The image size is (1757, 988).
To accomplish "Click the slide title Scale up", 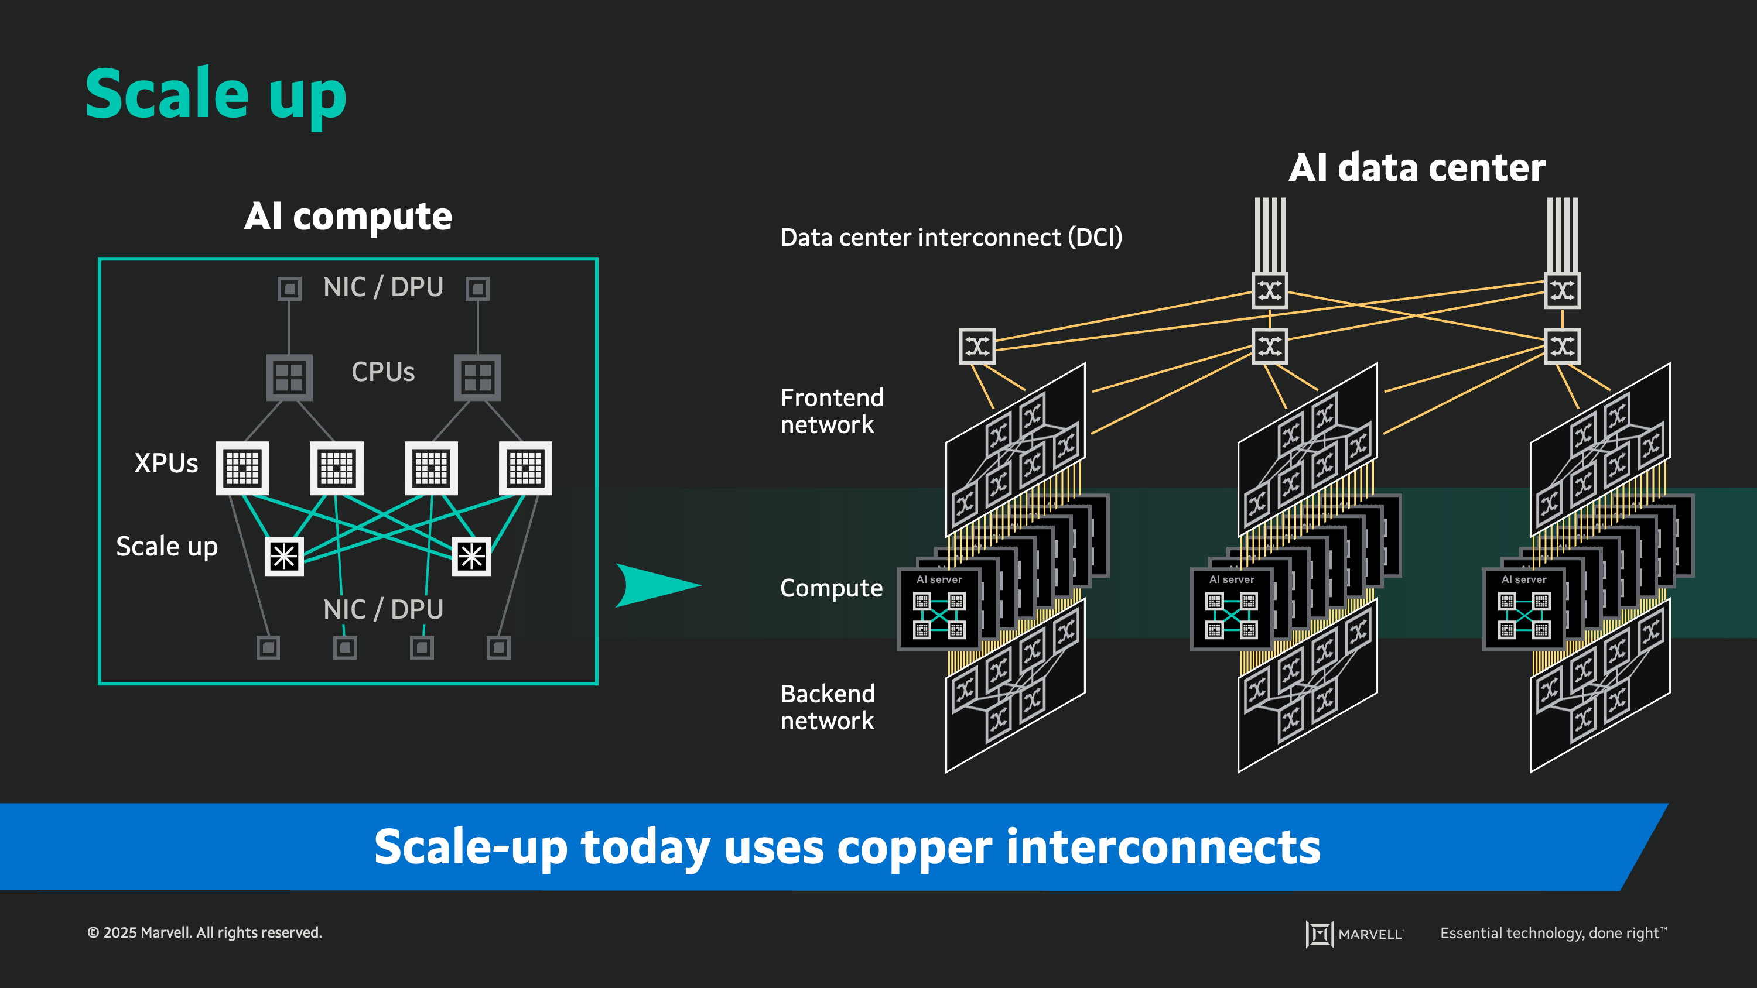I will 216,94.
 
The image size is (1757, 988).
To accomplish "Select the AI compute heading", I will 348,217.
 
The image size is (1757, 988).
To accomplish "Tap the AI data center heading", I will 1416,168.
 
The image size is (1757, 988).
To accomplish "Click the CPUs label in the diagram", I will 382,372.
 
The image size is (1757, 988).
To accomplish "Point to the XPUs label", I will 166,464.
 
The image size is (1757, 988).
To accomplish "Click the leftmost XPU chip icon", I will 242,468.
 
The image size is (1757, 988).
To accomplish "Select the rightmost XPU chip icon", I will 525,468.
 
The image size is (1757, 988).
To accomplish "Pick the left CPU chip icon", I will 289,377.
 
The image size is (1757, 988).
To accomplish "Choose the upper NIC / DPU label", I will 382,287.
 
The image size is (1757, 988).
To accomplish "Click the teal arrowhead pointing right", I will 655,585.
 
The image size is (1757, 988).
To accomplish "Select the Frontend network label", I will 832,411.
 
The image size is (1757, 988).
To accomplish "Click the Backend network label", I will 828,707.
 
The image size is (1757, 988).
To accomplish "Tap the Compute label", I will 830,588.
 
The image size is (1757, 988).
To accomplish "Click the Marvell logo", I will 1353,934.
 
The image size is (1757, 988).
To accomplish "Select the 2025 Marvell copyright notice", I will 204,933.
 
